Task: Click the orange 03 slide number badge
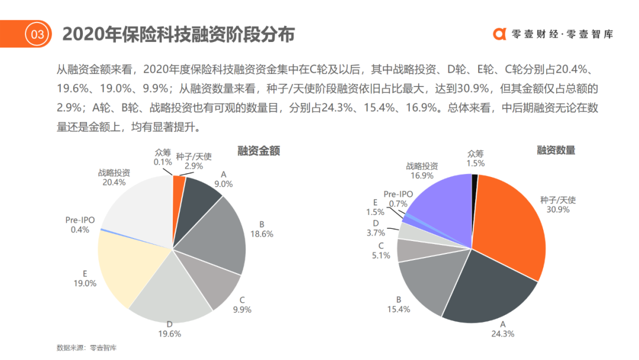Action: tap(37, 34)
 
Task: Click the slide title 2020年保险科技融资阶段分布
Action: tap(178, 34)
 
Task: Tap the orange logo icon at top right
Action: tap(500, 34)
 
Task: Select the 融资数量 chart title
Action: tap(556, 150)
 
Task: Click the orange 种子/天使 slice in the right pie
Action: tap(509, 231)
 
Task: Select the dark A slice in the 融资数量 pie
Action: tap(485, 290)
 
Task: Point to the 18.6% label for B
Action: tap(262, 234)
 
